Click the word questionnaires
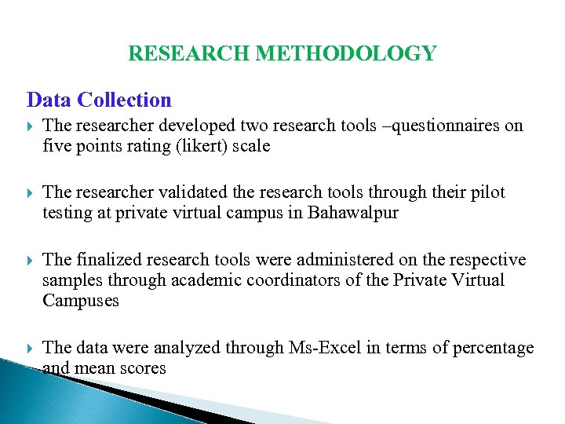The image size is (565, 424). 423,126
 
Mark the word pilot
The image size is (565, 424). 487,192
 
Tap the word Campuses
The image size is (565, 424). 81,301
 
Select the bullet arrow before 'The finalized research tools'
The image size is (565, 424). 30,261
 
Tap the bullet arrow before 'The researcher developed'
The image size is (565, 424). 30,126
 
